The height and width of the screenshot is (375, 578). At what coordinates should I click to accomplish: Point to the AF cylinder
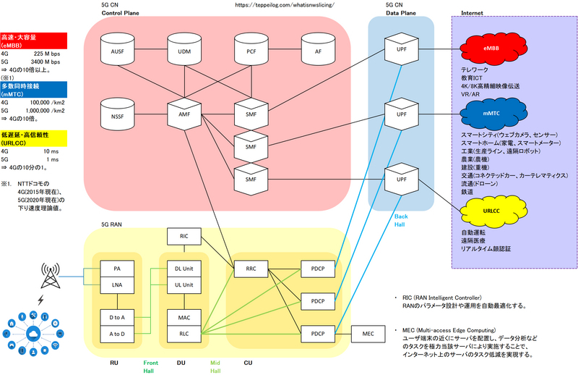pos(318,52)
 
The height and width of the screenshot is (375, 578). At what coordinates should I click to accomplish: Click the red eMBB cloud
pos(494,49)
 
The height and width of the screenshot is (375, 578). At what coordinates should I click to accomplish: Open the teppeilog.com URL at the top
pos(285,5)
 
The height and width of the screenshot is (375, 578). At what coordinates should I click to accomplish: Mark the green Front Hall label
pos(151,366)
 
